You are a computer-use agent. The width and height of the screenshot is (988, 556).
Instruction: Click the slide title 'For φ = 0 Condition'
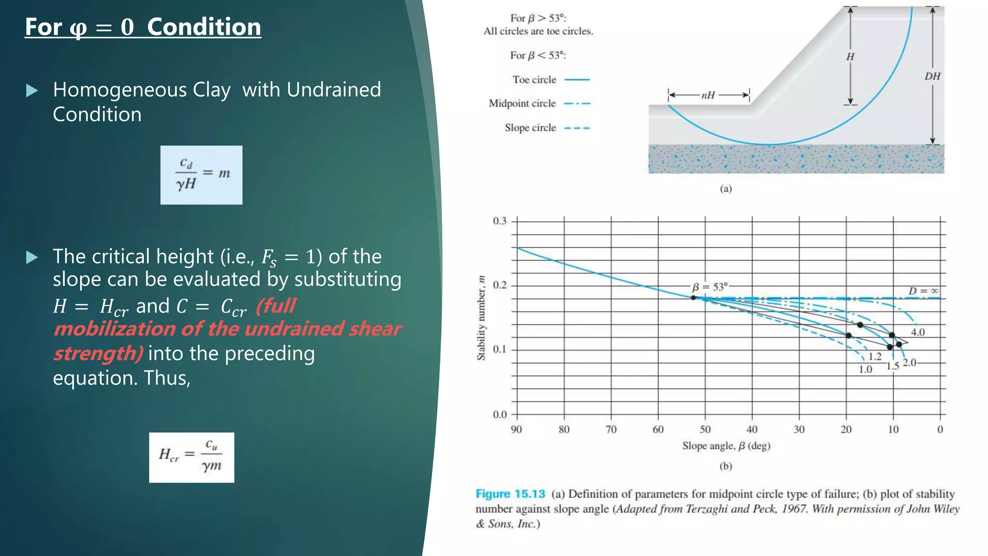[143, 27]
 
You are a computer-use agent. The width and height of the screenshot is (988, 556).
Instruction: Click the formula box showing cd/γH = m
[201, 175]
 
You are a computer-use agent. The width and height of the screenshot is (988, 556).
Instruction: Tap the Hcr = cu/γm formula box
[192, 457]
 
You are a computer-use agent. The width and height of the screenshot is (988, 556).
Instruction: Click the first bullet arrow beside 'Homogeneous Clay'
[32, 90]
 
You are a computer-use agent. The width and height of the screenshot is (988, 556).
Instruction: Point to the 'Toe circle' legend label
[534, 80]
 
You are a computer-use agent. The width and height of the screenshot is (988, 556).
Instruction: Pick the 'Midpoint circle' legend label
[522, 103]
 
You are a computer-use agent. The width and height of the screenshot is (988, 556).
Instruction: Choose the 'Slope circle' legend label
[530, 128]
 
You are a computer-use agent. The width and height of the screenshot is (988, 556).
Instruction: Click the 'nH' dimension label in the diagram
[708, 95]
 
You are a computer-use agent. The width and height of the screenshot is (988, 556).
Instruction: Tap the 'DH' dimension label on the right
[932, 76]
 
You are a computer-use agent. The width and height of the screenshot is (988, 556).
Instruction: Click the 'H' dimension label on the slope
[850, 56]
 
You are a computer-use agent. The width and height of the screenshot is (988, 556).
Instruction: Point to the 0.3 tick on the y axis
[500, 221]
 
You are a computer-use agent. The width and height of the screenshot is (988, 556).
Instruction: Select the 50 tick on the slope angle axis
[705, 429]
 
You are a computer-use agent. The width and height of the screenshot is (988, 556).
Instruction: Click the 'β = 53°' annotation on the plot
[710, 287]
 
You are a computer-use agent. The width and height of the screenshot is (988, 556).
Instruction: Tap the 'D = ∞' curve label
[923, 291]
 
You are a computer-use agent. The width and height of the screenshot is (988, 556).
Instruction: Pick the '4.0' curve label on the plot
[918, 332]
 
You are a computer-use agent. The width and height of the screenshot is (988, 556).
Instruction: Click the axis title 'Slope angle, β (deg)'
[726, 446]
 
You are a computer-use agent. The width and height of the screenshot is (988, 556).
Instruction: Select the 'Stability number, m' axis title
[481, 318]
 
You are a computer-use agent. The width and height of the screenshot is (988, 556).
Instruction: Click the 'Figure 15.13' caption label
[510, 494]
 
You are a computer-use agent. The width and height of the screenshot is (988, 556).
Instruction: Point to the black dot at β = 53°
[693, 298]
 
